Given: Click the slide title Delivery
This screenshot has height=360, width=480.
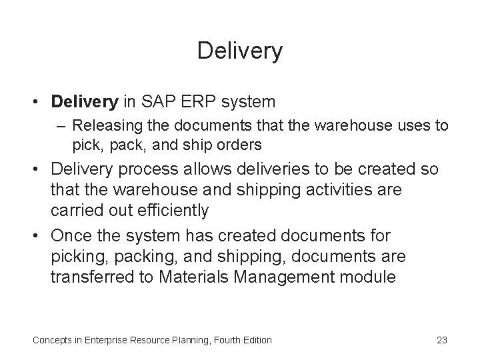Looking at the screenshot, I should tap(240, 51).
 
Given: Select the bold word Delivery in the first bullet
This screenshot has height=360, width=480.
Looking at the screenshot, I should tap(83, 102).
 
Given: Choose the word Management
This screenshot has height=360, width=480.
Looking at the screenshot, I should tap(286, 277).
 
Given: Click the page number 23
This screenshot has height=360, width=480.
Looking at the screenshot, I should tap(441, 340).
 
